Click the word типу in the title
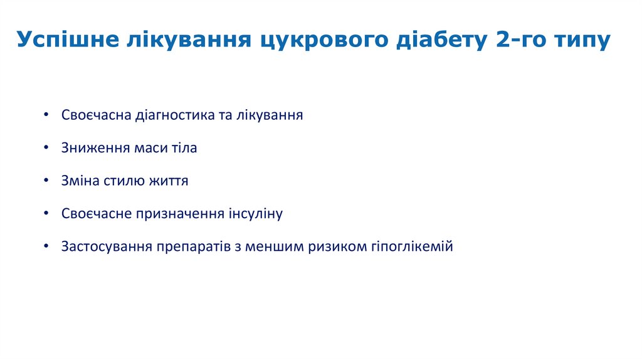click(581, 40)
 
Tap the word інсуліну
click(253, 214)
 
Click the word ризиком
click(339, 246)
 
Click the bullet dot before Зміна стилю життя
click(47, 181)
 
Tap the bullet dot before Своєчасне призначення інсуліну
click(47, 214)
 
